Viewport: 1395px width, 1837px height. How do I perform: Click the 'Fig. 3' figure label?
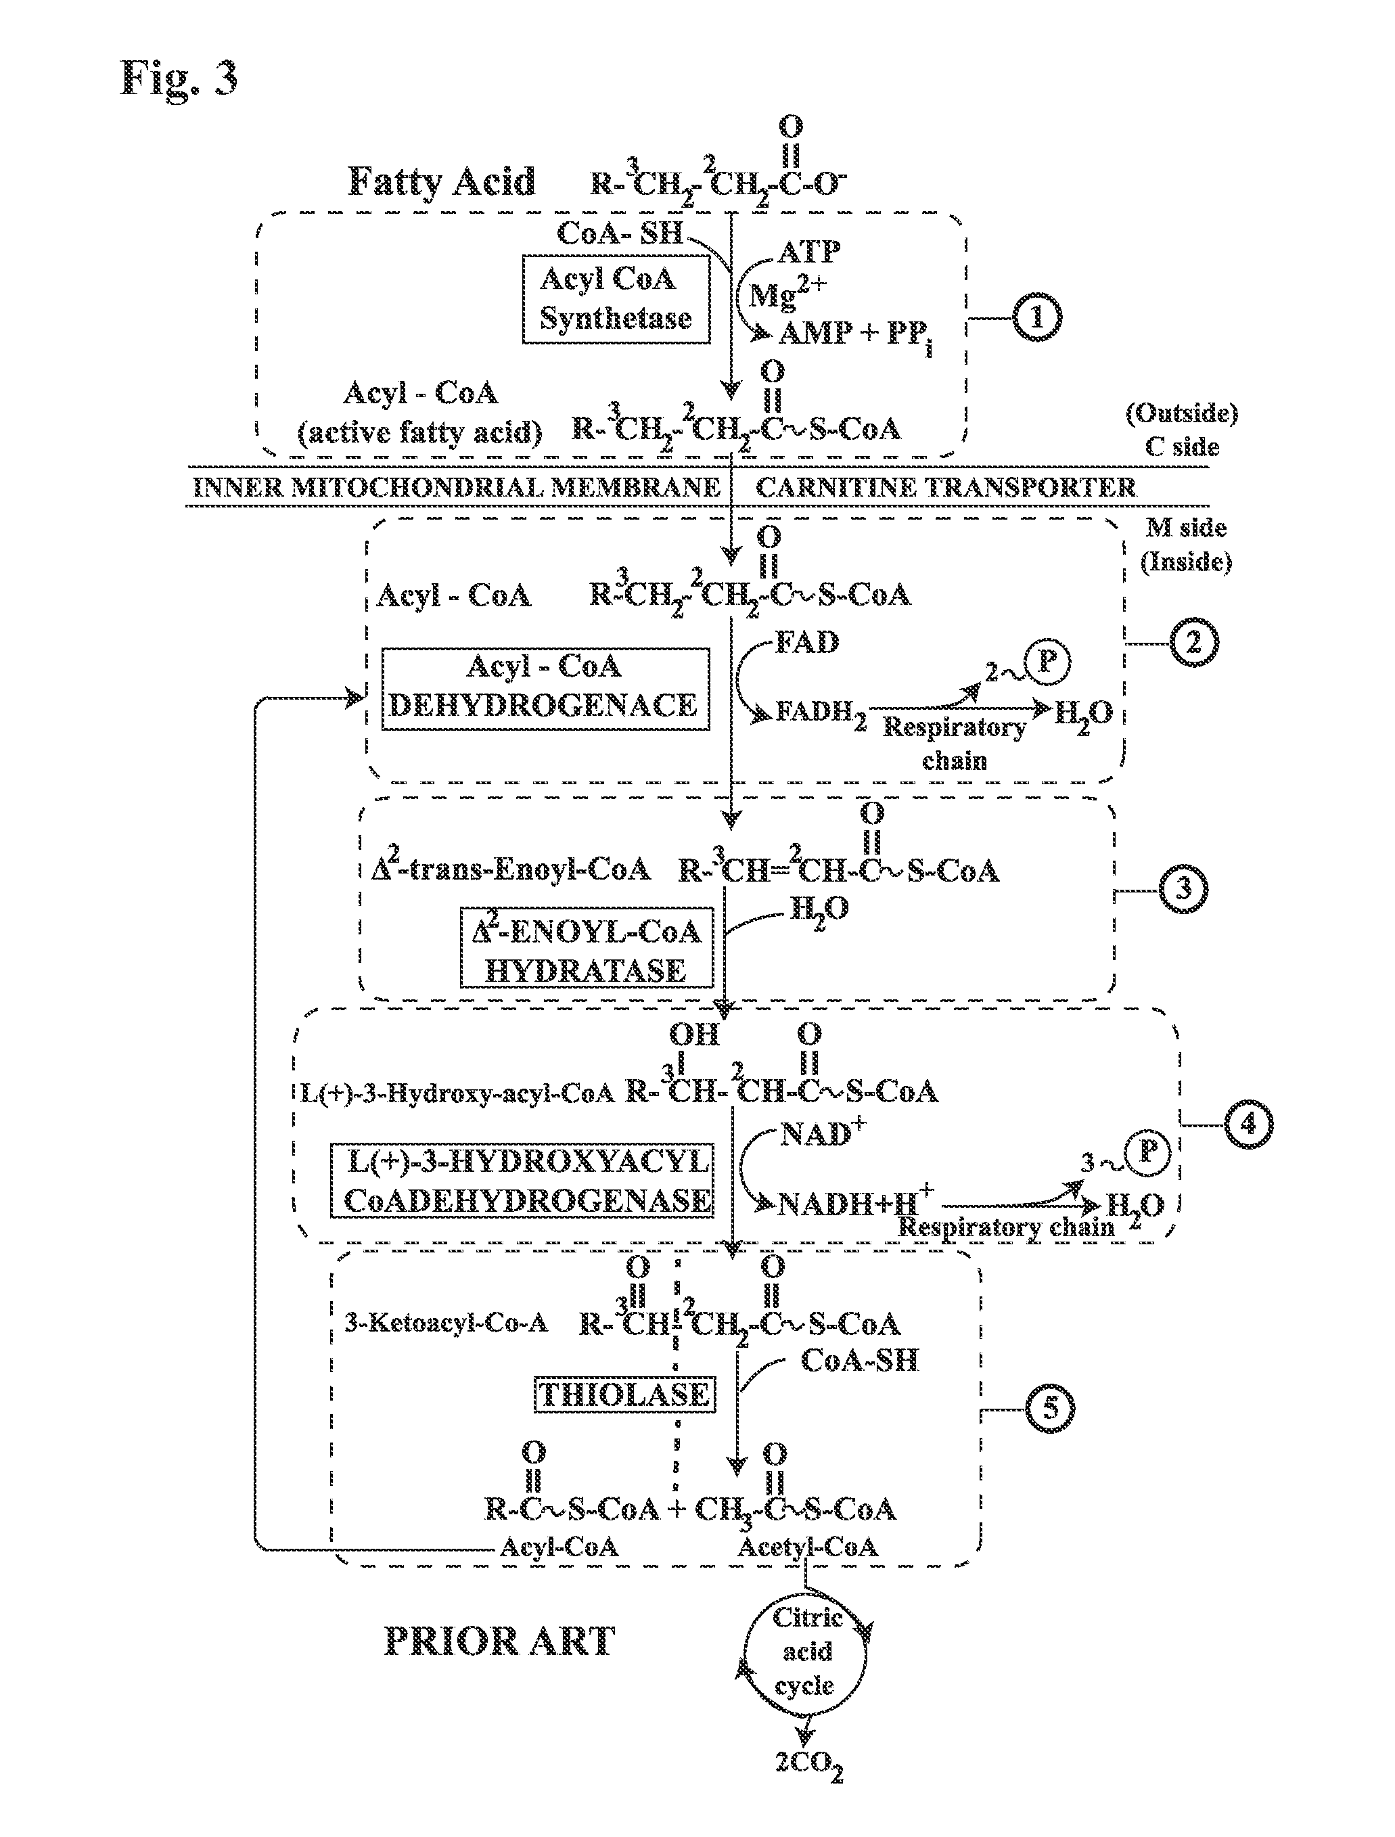pyautogui.click(x=179, y=79)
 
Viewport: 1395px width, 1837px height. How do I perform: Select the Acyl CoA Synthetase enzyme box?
pyautogui.click(x=616, y=299)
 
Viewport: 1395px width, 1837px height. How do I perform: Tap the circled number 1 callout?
pyautogui.click(x=1036, y=318)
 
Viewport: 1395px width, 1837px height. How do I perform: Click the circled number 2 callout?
pyautogui.click(x=1193, y=643)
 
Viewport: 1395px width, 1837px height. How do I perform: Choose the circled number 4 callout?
pyautogui.click(x=1248, y=1125)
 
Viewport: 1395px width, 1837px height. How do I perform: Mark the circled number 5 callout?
pyautogui.click(x=1049, y=1409)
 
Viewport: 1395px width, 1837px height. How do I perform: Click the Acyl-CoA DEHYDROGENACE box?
pyautogui.click(x=545, y=689)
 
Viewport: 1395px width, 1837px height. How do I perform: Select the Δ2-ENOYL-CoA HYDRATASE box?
pyautogui.click(x=587, y=947)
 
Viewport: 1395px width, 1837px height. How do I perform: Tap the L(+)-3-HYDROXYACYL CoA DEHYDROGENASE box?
pyautogui.click(x=522, y=1181)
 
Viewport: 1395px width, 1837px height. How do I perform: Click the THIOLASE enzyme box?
pyautogui.click(x=624, y=1394)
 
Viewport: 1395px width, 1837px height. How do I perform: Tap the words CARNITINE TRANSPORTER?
pyautogui.click(x=945, y=487)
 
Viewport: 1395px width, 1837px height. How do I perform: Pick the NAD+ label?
pyautogui.click(x=822, y=1133)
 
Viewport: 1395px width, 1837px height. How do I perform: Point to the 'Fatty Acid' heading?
pyautogui.click(x=441, y=182)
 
